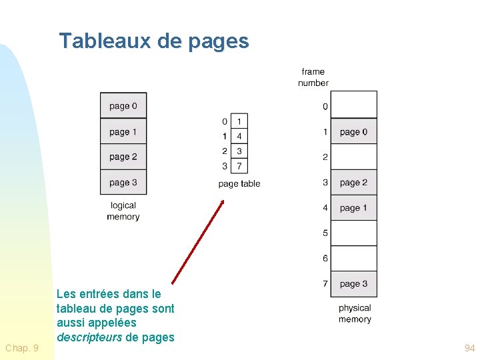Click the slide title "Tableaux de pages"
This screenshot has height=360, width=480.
click(154, 41)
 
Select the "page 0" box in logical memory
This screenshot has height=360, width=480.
click(123, 106)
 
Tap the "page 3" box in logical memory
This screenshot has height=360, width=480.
click(123, 183)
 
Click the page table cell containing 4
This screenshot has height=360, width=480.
click(239, 136)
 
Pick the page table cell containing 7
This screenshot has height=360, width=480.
click(239, 166)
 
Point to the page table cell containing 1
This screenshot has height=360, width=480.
click(239, 121)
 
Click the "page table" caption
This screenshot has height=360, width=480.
click(239, 184)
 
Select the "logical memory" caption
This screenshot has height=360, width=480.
click(123, 211)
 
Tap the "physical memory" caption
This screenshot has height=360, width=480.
click(355, 313)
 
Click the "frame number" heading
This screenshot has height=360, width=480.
click(313, 77)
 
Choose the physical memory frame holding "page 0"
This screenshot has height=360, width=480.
click(354, 132)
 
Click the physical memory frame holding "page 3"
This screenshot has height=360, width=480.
click(354, 284)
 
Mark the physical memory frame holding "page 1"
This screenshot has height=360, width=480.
click(354, 208)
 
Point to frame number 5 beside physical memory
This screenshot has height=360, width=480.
click(325, 233)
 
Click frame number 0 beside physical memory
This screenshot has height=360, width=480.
click(325, 107)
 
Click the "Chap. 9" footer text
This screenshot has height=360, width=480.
click(22, 348)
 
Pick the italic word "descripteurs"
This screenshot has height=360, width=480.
click(89, 337)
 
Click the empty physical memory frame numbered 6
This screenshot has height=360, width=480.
click(354, 259)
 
